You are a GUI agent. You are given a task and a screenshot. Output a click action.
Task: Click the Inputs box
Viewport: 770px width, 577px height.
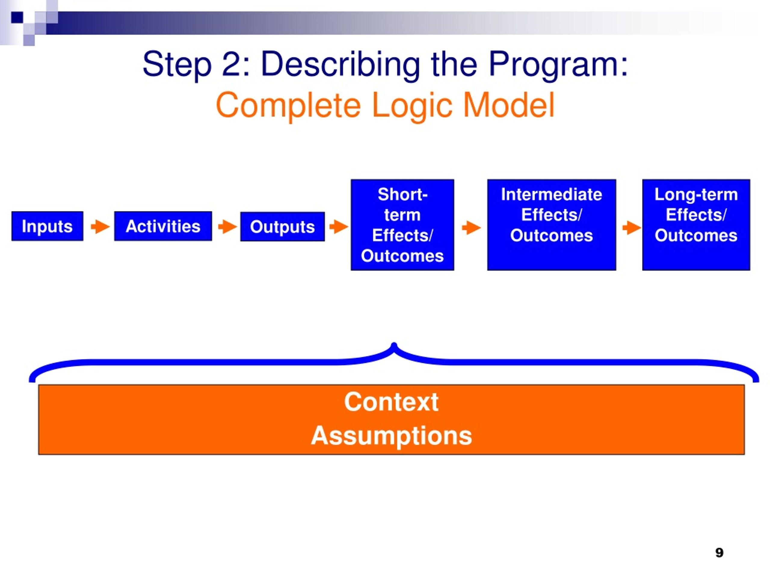(47, 226)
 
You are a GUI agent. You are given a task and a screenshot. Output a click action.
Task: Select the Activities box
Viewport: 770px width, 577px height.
(163, 226)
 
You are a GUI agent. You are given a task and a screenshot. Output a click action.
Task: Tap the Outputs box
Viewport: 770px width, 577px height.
(282, 226)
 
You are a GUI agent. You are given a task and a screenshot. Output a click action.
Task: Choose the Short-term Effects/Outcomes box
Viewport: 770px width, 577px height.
(402, 225)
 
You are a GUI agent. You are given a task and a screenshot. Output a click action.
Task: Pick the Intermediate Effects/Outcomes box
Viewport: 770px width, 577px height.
(552, 225)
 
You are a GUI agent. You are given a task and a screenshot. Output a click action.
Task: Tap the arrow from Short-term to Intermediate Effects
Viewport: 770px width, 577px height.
(471, 228)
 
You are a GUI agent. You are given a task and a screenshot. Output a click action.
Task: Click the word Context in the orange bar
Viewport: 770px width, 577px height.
(391, 402)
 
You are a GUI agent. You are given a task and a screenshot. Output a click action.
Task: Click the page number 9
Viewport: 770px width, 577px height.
(719, 552)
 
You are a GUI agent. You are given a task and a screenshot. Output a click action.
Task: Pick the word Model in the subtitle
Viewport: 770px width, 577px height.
(509, 105)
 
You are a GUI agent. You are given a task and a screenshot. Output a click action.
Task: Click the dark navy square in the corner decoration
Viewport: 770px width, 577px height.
(17, 17)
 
